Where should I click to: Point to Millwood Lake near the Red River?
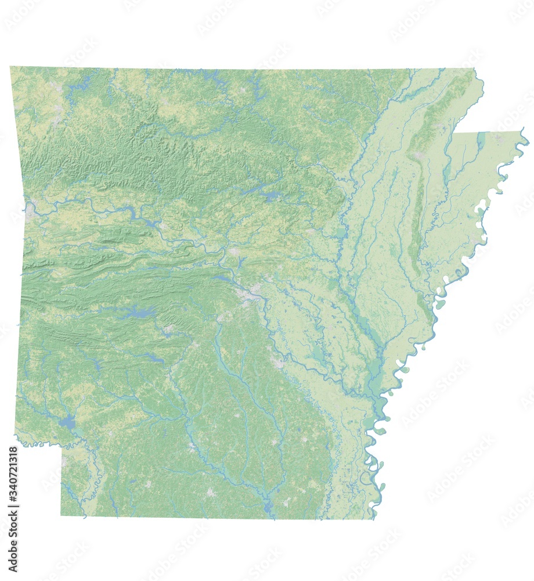(x=68, y=422)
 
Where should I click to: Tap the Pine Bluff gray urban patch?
(x=279, y=363)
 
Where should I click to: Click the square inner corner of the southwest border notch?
(x=62, y=446)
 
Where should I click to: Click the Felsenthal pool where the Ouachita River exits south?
(x=268, y=508)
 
